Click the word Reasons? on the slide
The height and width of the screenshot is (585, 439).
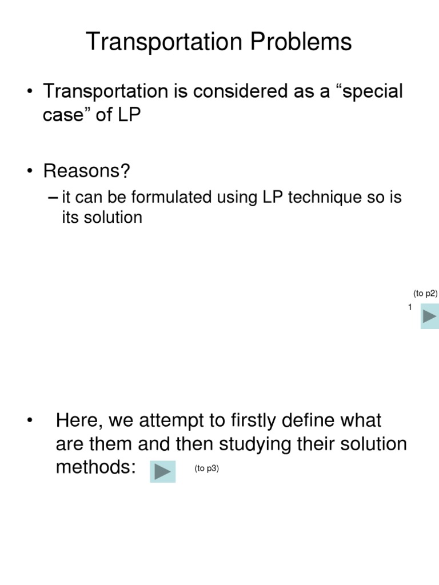click(87, 171)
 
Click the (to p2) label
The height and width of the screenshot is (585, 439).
click(425, 294)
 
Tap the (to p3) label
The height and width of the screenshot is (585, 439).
click(206, 468)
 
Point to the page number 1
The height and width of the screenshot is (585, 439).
click(410, 307)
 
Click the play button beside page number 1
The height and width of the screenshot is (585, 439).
click(430, 316)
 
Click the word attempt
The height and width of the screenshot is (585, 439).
click(177, 421)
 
